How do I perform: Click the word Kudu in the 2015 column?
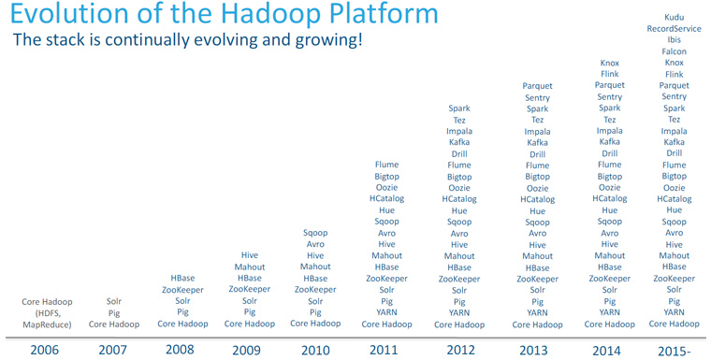click(x=674, y=18)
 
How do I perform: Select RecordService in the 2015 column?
click(x=674, y=29)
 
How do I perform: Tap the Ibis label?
click(x=674, y=40)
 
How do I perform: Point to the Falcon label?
click(x=674, y=51)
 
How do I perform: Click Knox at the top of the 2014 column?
click(x=609, y=63)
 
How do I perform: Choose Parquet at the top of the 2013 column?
click(x=537, y=86)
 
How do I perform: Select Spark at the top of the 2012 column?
click(x=459, y=108)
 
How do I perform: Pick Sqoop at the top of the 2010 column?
click(x=315, y=233)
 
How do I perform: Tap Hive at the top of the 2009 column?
click(x=250, y=255)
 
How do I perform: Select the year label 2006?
click(x=46, y=350)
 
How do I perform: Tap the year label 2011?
click(x=386, y=350)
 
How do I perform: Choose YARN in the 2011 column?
click(x=386, y=312)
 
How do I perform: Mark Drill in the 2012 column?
click(x=459, y=154)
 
